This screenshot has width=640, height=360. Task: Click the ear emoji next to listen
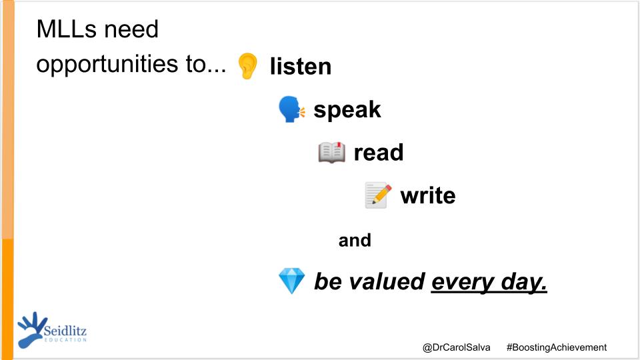coord(247,66)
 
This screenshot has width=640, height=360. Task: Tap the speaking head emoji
coord(291,109)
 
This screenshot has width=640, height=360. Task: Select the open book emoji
coord(332,153)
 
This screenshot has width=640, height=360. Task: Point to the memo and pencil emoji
coord(378,195)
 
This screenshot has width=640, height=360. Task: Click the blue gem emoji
coord(291,281)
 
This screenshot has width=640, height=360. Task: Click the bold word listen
coord(300,67)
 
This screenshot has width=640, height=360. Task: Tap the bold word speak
coord(347,109)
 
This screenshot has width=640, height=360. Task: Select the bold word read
coord(378,153)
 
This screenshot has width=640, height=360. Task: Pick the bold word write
coord(427,196)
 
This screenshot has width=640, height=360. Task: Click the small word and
coord(355,240)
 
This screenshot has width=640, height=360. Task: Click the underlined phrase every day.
coord(489,282)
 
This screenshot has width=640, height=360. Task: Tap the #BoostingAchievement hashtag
coord(556,347)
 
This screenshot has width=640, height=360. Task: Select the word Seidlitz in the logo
coord(65,330)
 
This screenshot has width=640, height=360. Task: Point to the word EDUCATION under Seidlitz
coord(65,340)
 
